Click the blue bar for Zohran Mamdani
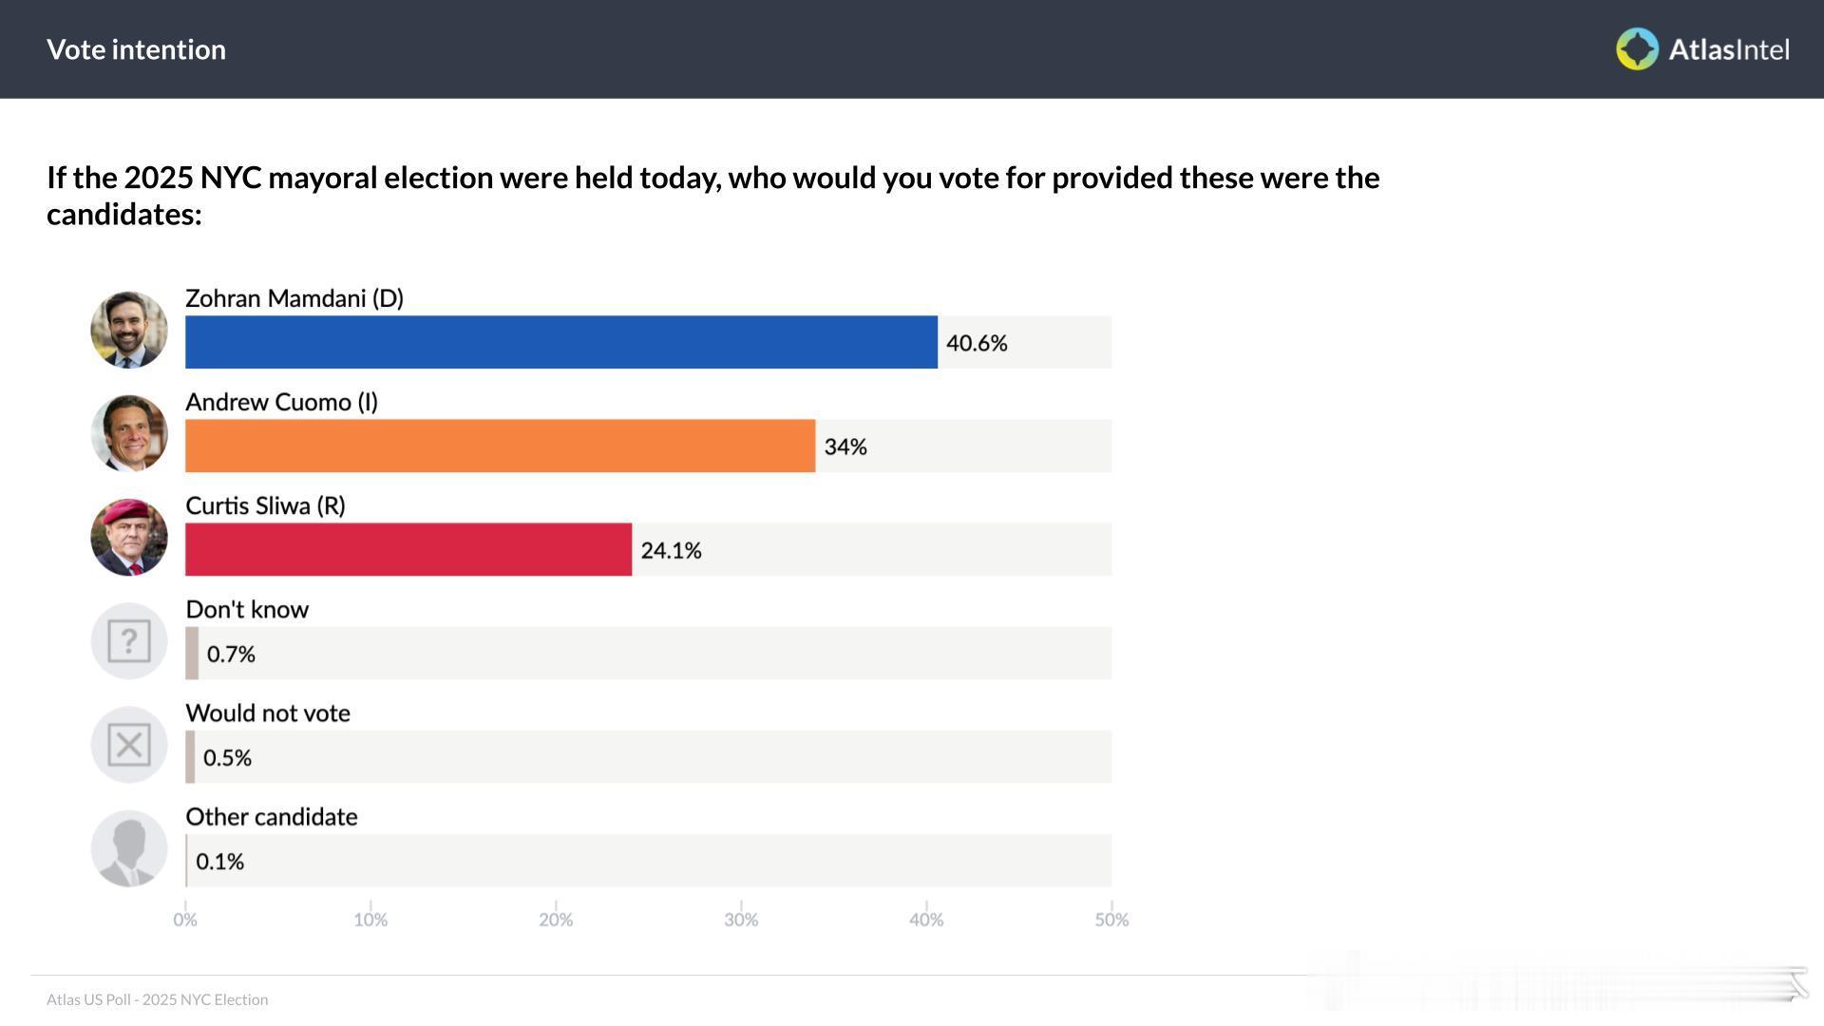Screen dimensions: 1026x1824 [x=560, y=342]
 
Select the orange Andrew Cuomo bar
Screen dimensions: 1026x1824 [x=500, y=446]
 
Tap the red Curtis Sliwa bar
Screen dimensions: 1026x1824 [x=408, y=549]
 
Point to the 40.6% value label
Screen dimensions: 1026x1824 [x=977, y=343]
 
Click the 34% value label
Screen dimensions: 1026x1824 [x=845, y=446]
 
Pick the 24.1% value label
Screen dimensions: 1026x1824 [x=671, y=550]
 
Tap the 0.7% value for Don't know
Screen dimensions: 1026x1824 [x=231, y=654]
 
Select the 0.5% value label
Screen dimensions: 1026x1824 [x=227, y=757]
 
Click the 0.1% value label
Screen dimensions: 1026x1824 [x=219, y=861]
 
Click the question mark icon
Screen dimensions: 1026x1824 [x=129, y=640]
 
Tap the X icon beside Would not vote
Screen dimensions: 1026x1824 [x=129, y=744]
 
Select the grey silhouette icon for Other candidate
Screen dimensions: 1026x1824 [x=129, y=848]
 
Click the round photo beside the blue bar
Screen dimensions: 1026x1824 [x=129, y=330]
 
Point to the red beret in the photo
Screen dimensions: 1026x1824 [x=128, y=513]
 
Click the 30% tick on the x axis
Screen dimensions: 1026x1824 [x=741, y=919]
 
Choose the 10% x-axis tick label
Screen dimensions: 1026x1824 [x=370, y=919]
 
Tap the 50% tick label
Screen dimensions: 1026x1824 [x=1111, y=919]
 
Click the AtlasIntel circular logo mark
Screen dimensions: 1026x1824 [x=1637, y=49]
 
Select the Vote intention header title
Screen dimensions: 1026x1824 [x=136, y=49]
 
